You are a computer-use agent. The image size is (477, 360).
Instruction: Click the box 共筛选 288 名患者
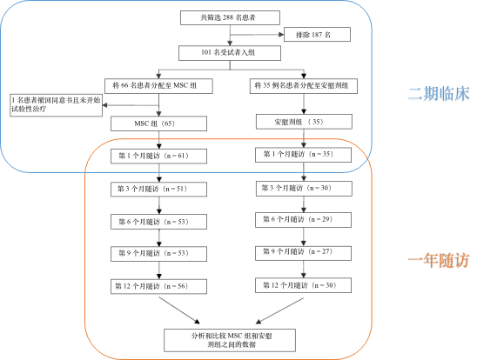click(230, 17)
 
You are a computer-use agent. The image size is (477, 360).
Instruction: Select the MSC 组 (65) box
click(160, 124)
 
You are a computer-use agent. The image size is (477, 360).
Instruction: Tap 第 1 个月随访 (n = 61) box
click(160, 157)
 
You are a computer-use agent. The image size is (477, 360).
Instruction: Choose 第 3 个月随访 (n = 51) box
click(160, 189)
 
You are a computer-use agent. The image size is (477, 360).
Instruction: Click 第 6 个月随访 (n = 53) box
click(160, 221)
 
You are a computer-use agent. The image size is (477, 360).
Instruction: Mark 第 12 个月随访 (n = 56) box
click(160, 285)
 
